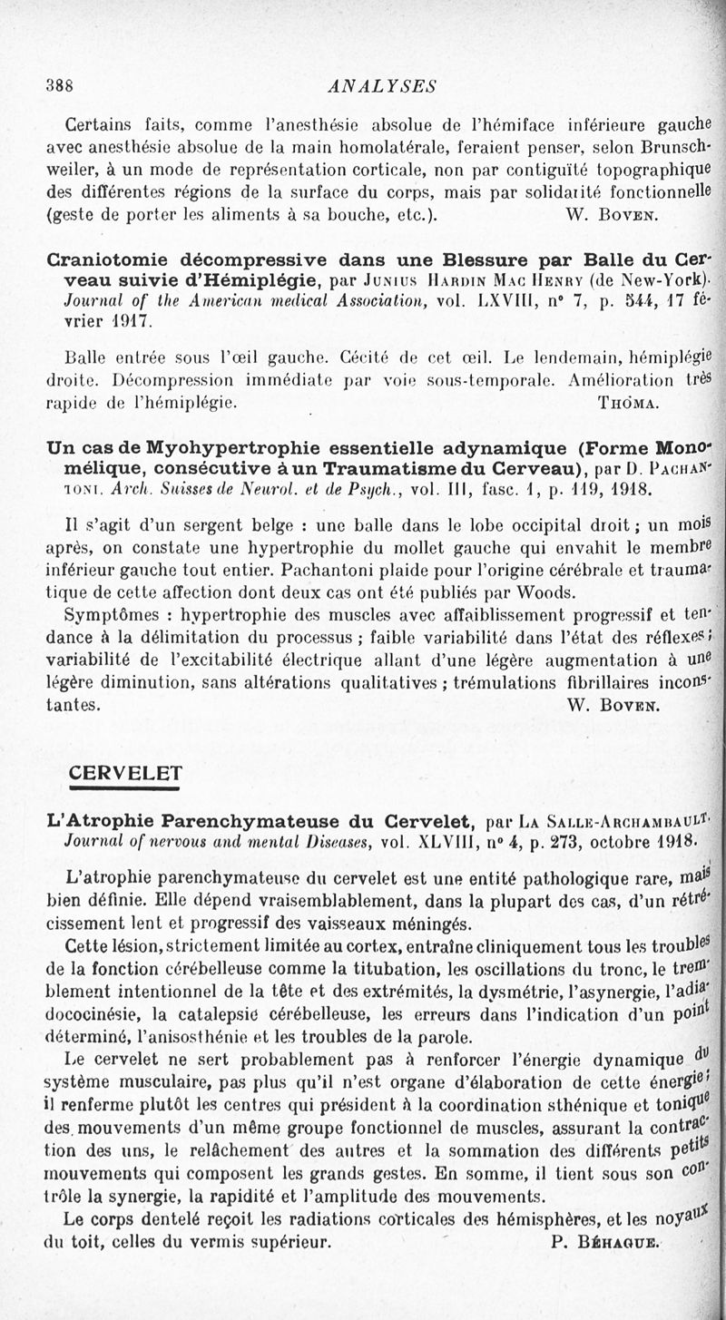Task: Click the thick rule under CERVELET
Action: (126, 787)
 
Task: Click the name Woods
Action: (547, 593)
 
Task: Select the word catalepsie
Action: (235, 1011)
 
